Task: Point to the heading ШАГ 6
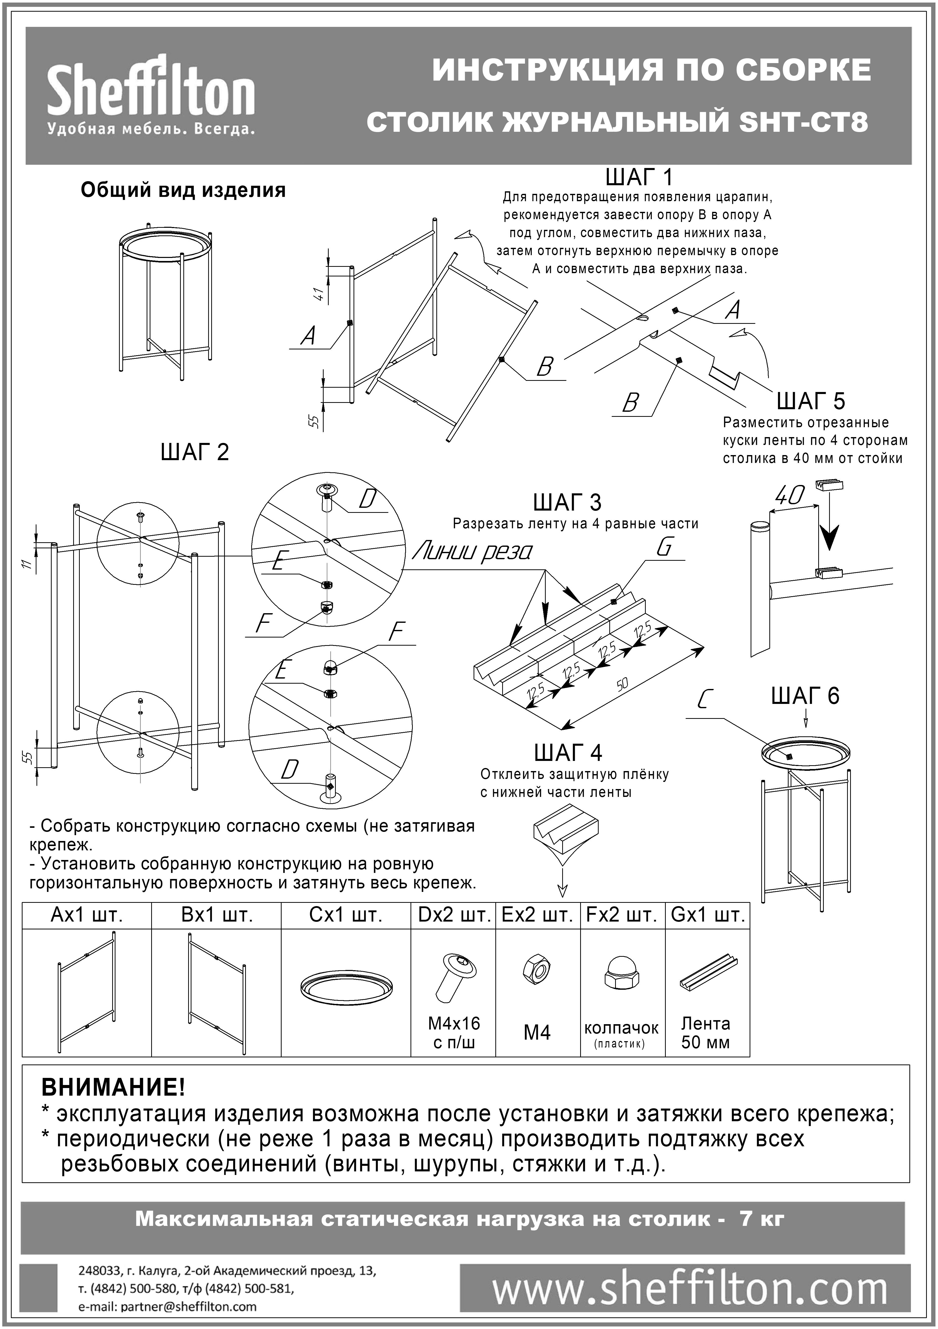(805, 696)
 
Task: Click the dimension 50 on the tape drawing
(622, 685)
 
